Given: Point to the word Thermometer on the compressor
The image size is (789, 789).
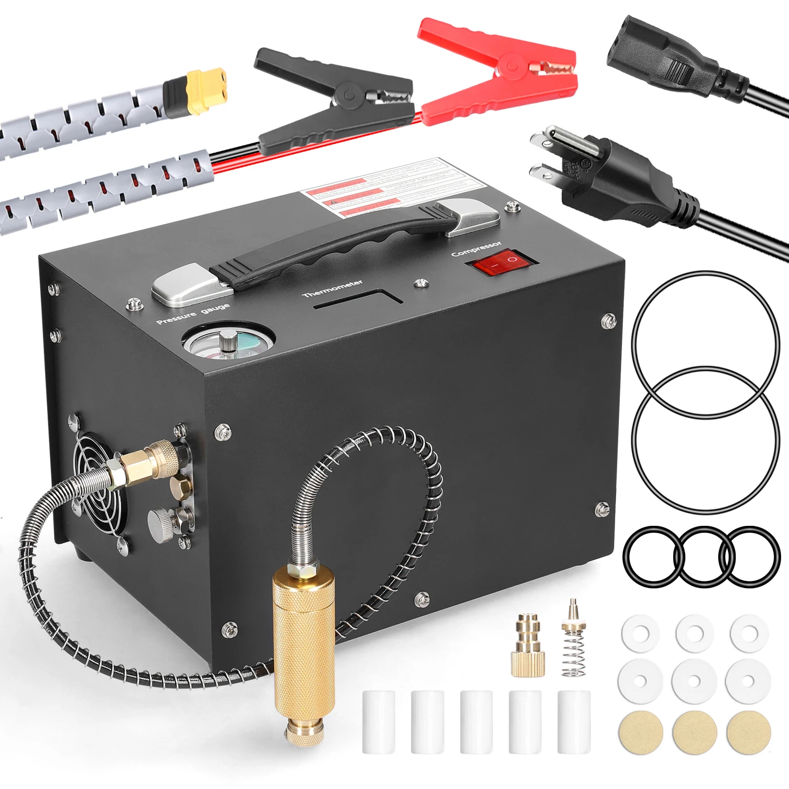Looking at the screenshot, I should [333, 288].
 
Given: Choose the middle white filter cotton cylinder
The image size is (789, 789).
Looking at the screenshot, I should [476, 721].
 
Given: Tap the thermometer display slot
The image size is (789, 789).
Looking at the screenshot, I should [359, 300].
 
